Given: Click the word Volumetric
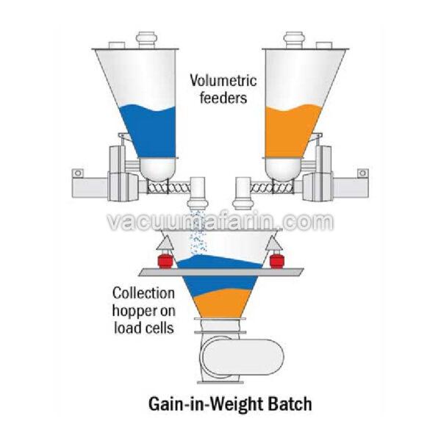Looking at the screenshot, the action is (223, 81).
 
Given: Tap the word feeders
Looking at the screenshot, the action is (223, 98).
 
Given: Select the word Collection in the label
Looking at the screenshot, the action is (143, 293).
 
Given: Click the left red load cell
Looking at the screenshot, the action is (165, 260).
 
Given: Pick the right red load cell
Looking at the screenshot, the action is (276, 260).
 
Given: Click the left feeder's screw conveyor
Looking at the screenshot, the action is (168, 187).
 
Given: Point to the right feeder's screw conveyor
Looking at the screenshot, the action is (272, 187).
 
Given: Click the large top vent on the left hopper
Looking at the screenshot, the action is (146, 40).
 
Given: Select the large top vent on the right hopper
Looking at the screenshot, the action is (295, 40).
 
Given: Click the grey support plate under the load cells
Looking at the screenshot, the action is (220, 272).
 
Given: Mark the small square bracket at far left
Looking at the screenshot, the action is (77, 173).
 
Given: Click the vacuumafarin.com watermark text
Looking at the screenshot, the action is (221, 222).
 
